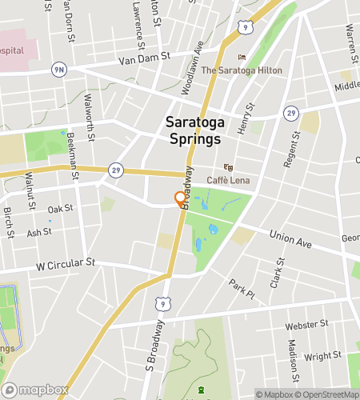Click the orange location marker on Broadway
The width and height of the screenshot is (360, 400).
coord(179,199)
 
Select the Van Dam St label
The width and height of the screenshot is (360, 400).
coord(145,58)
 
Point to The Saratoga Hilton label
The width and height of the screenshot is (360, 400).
coord(241,70)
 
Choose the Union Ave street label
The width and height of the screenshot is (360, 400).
coord(290,237)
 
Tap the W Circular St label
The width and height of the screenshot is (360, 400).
coord(65,262)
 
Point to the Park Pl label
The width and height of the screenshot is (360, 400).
coord(241,289)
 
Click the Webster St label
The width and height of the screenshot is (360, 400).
coord(308,325)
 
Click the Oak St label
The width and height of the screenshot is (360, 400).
coord(60,209)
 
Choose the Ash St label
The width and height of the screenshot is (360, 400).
coord(39,233)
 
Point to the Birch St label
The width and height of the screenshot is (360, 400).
coord(8,218)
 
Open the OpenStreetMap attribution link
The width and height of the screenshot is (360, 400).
coord(328,394)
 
